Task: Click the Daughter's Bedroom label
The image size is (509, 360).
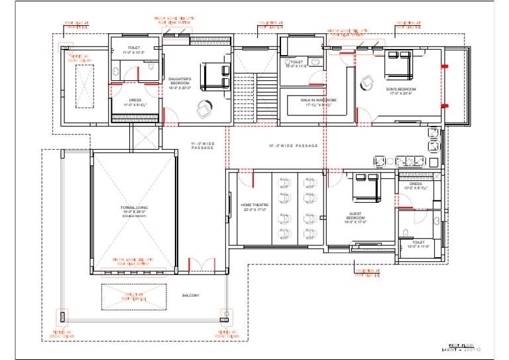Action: (x=180, y=83)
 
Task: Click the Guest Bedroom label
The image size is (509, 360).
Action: (x=356, y=217)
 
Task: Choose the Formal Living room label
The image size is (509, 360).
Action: (x=133, y=211)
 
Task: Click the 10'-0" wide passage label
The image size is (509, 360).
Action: (x=293, y=145)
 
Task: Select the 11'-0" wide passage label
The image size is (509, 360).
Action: (x=203, y=145)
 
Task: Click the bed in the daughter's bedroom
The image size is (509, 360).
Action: (x=213, y=74)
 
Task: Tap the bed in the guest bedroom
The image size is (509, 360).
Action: (x=363, y=190)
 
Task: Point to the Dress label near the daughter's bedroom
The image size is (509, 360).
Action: (x=135, y=102)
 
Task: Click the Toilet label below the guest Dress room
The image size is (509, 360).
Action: (x=418, y=244)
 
